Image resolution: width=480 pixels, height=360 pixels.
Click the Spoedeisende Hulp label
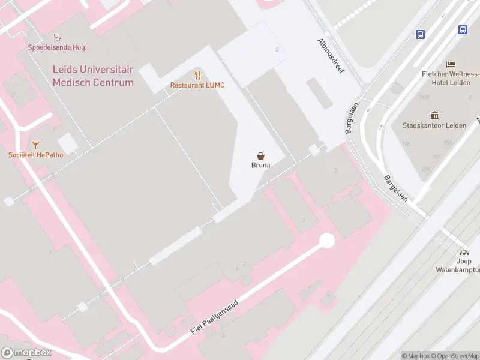coord(57,47)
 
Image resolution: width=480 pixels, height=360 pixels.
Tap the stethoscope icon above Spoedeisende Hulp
coord(57,37)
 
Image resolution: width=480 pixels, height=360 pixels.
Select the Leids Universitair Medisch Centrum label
coord(93,76)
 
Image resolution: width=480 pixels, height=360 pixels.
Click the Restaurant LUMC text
coord(197,85)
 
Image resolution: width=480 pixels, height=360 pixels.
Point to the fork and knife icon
coord(197,75)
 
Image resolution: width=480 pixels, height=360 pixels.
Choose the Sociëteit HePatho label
coord(35,155)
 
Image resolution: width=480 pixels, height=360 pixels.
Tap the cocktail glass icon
coord(35,145)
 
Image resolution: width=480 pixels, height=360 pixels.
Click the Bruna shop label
coord(260,165)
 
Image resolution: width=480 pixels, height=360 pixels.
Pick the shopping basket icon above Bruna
coord(260,155)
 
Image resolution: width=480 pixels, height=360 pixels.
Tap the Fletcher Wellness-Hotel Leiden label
coord(450,78)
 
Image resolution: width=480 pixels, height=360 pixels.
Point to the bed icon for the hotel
coord(451,64)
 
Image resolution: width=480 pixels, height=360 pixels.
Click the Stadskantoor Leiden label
coord(434,125)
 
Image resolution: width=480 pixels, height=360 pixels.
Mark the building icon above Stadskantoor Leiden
coord(434,115)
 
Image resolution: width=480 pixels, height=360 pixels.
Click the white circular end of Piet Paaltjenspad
coord(327,241)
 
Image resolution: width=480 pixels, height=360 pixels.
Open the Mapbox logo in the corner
coord(26,353)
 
